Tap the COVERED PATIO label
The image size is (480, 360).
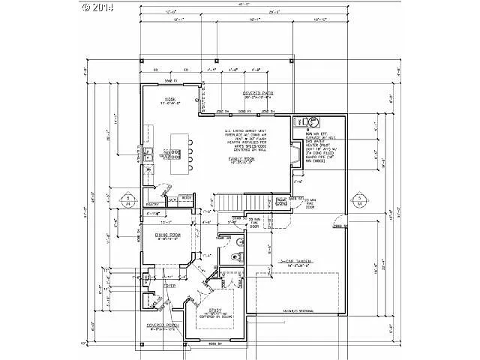click(x=257, y=94)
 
